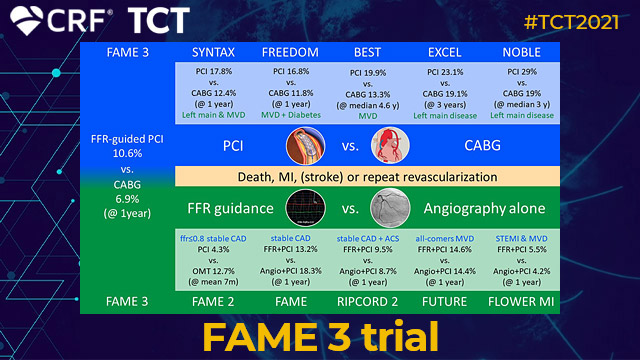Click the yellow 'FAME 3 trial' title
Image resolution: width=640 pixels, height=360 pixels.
click(x=320, y=336)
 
